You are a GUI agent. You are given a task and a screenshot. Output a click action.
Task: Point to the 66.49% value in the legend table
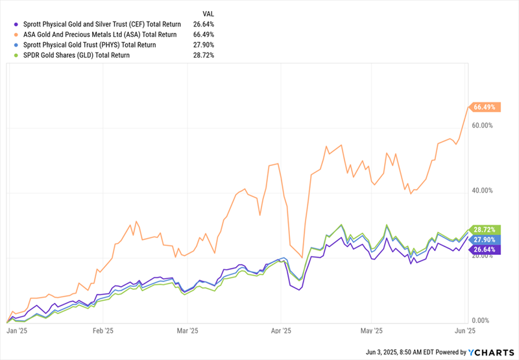[x=203, y=34]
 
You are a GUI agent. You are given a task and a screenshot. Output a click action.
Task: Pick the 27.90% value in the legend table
[x=203, y=45]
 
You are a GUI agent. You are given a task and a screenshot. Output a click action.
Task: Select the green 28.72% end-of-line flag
[x=485, y=230]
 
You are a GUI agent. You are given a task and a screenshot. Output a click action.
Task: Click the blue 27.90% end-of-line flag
[x=485, y=239]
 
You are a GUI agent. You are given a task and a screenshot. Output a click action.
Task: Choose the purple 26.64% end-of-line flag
[x=485, y=249]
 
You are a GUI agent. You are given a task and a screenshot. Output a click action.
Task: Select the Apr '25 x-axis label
[x=280, y=330]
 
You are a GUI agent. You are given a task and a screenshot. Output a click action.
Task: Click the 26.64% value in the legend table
[x=203, y=24]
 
